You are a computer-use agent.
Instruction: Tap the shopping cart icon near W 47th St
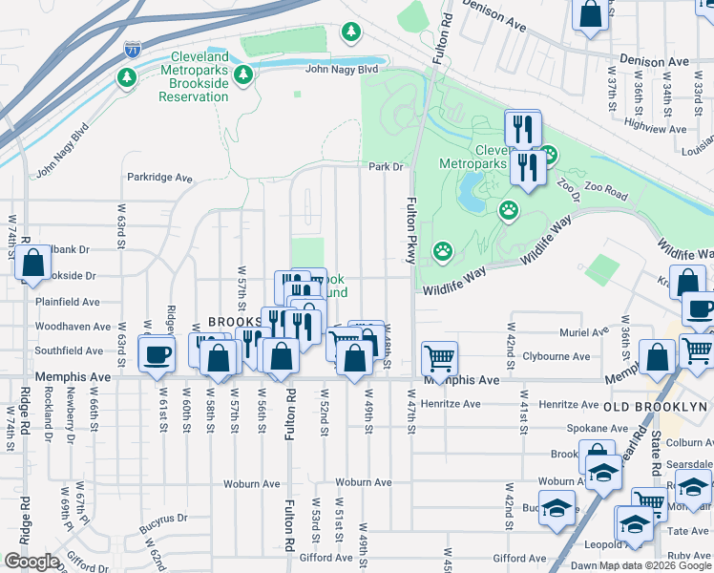[x=439, y=359]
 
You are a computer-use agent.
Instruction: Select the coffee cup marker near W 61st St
[x=156, y=354]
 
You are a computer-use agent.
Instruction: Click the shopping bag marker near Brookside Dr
[x=32, y=265]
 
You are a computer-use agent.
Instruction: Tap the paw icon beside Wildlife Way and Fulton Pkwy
[x=443, y=251]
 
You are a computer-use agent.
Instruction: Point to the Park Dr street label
[x=387, y=167]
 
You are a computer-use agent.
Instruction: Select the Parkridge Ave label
[x=160, y=178]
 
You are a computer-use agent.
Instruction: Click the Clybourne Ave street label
[x=556, y=356]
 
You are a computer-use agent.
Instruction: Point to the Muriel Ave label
[x=584, y=333]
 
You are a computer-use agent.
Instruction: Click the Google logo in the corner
[x=31, y=562]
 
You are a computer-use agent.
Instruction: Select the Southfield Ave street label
[x=68, y=350]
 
